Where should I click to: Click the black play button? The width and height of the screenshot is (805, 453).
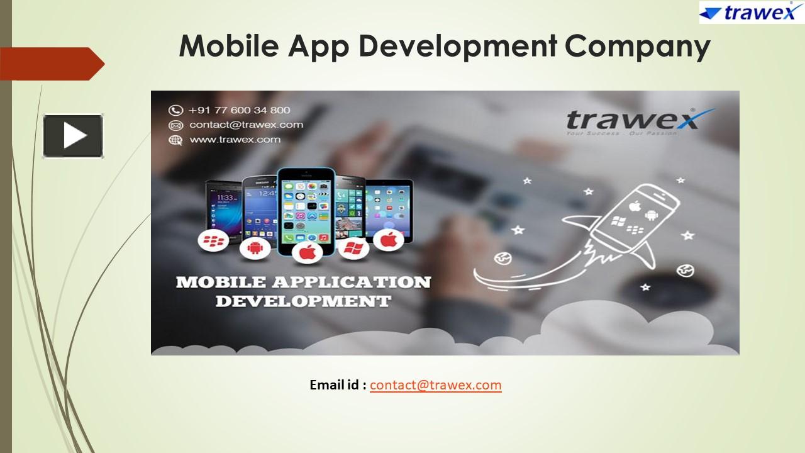coord(73,135)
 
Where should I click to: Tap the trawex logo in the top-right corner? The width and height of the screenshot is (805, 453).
coord(751,12)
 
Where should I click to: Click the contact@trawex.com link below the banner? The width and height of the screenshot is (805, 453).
coord(435,384)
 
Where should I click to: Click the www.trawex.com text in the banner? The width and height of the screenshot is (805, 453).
coord(235,139)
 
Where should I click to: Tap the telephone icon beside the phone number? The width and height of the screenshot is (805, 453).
coord(175,110)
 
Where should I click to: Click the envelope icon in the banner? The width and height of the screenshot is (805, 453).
coord(175,125)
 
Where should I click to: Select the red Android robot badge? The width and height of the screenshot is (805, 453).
coord(255,247)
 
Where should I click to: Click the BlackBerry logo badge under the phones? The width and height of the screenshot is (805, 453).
coord(213,240)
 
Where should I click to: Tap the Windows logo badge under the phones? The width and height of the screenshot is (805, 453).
coord(354,247)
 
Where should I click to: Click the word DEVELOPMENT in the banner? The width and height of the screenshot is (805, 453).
coord(303,301)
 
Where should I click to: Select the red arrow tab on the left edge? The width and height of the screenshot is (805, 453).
coord(50,64)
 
